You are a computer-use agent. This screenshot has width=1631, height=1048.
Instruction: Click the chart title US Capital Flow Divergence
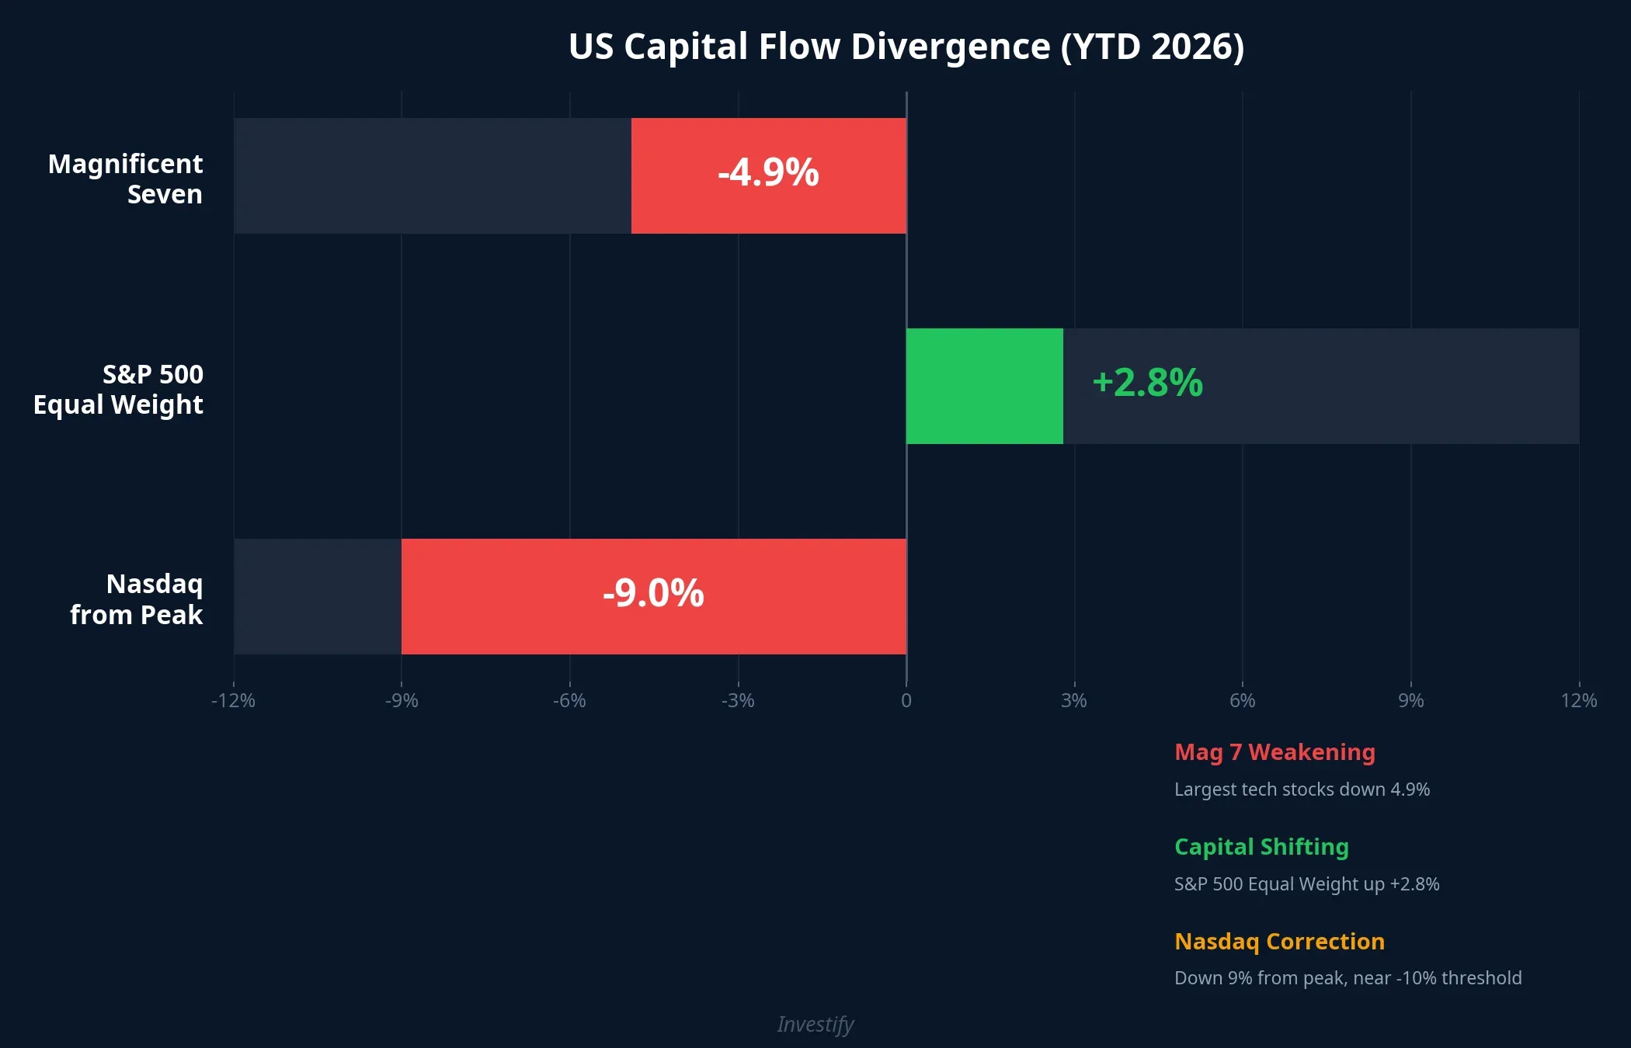coord(906,47)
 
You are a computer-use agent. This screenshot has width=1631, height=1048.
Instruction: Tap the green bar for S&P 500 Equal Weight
coord(984,386)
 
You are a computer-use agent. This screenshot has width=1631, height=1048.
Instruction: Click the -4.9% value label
coord(768,172)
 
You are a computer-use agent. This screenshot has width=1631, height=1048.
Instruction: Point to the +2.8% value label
coord(1147,383)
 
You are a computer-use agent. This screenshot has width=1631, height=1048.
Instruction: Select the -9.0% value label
coord(653,593)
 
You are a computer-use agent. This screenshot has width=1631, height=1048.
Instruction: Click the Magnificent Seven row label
coord(126,179)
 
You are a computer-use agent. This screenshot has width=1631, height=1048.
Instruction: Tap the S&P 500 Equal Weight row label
coord(118,389)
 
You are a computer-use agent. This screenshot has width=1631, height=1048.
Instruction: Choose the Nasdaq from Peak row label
coord(137,599)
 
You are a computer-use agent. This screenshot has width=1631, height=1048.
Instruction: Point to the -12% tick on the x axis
coord(233,700)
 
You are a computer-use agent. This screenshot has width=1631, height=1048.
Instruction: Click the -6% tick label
coord(569,700)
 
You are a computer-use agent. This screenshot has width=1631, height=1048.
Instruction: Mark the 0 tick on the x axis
coord(906,700)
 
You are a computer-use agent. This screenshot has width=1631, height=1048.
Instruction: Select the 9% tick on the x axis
coord(1410,700)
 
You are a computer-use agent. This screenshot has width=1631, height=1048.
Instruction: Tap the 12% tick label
coord(1578,700)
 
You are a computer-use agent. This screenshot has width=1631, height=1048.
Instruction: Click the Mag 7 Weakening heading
coord(1275,751)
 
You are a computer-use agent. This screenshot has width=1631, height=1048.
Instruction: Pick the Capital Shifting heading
coord(1261,846)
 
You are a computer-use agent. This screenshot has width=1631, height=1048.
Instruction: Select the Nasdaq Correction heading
coord(1279,941)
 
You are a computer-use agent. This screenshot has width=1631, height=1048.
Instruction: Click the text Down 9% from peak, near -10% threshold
coord(1348,977)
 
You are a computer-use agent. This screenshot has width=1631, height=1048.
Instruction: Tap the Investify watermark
coord(815,1024)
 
